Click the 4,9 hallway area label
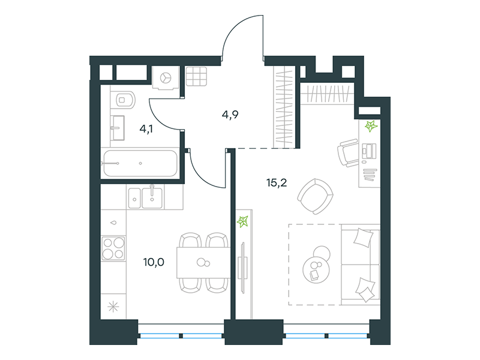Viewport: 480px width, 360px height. click(230, 115)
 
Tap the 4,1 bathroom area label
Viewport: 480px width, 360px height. click(146, 129)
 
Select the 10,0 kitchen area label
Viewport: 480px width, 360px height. click(154, 262)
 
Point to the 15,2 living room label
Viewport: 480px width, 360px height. click(277, 183)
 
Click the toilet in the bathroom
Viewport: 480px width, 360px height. click(123, 100)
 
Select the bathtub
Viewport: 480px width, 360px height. click(140, 163)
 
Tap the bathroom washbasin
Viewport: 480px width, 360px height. click(118, 128)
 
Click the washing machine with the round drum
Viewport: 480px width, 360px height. click(166, 78)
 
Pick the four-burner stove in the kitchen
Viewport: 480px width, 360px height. click(113, 248)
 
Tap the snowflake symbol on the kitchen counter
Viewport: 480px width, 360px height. click(113, 307)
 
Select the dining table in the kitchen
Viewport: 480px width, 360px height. click(203, 263)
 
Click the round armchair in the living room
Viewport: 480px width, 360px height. click(316, 196)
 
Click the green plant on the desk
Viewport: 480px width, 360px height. click(371, 126)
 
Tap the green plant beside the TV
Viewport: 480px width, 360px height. click(243, 221)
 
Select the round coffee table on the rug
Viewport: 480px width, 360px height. click(316, 268)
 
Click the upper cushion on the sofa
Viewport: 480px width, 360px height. click(364, 238)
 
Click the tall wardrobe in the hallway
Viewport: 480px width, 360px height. click(284, 107)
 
